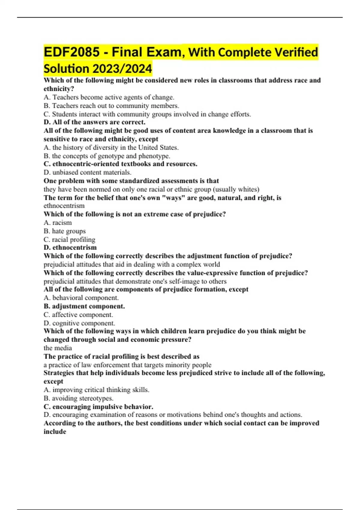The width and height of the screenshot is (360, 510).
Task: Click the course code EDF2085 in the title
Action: [72, 52]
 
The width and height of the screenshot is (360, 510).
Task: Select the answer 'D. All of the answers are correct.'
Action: [94, 122]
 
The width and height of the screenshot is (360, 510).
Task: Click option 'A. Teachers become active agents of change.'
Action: [109, 97]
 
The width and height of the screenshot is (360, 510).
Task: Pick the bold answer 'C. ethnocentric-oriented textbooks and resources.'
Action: [120, 164]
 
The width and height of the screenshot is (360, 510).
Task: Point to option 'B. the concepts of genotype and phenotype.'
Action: [107, 156]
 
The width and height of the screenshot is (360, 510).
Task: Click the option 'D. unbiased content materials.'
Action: [87, 172]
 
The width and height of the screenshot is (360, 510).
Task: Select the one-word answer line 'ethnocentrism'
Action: [64, 206]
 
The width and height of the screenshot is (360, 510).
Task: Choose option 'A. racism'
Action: [58, 223]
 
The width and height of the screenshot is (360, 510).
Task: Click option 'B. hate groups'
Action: [64, 231]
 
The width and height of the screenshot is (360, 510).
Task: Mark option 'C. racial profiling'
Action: [69, 239]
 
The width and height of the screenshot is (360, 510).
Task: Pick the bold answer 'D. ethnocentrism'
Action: [70, 247]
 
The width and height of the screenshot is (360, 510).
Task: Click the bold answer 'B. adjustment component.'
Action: [84, 306]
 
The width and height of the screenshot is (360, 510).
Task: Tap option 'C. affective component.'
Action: [78, 315]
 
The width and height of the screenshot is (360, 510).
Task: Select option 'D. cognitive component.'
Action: [79, 323]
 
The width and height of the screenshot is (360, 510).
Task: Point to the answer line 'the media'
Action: [58, 348]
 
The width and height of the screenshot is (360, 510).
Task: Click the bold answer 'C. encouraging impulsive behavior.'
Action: [98, 407]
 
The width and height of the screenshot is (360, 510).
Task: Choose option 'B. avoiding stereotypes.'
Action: [78, 398]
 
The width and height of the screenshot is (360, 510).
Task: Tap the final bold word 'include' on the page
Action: [55, 432]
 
